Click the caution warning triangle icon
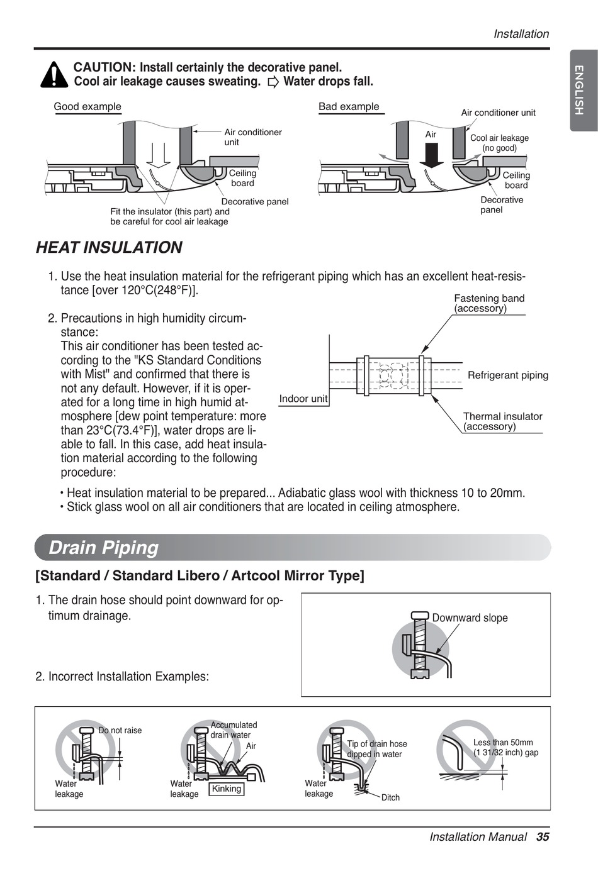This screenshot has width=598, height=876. click(x=54, y=75)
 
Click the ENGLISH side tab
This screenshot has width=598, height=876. click(x=584, y=91)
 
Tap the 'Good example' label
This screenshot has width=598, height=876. click(x=87, y=107)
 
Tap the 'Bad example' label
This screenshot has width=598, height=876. click(x=349, y=107)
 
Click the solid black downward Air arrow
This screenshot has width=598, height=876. click(x=432, y=155)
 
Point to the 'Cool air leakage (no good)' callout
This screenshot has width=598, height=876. click(x=499, y=143)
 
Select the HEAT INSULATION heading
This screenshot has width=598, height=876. click(x=109, y=248)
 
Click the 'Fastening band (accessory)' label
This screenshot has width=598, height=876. click(x=489, y=303)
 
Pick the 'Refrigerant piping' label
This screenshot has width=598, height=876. click(x=508, y=375)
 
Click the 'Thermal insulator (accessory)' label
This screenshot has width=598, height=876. click(x=502, y=421)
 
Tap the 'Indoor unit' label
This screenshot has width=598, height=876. click(x=303, y=399)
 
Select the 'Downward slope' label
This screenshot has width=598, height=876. click(x=470, y=618)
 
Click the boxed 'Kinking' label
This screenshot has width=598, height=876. click(x=227, y=789)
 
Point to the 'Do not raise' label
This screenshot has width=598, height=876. click(x=120, y=730)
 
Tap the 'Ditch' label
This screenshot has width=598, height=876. click(x=390, y=797)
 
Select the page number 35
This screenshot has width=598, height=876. click(x=543, y=836)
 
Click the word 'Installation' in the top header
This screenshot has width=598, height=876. click(x=521, y=34)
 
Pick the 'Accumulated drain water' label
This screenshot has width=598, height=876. click(x=233, y=729)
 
